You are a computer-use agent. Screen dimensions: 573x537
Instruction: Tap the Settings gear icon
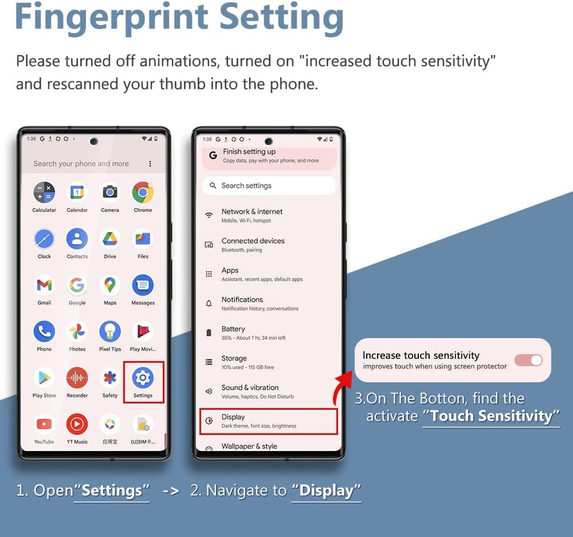[x=143, y=378]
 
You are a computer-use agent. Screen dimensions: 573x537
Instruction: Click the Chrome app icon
[x=143, y=193]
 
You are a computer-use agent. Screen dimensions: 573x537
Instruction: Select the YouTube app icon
[x=44, y=424]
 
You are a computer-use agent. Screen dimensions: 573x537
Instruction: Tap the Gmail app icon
[x=44, y=285]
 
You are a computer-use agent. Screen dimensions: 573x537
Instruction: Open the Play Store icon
[x=44, y=378]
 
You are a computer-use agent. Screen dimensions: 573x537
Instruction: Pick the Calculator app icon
[x=44, y=193]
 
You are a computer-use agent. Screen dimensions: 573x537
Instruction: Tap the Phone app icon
[x=44, y=332]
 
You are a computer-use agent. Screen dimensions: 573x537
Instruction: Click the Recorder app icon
[x=77, y=378]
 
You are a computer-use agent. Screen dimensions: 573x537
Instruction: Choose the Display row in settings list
[x=269, y=421]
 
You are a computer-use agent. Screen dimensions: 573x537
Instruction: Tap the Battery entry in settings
[x=269, y=332]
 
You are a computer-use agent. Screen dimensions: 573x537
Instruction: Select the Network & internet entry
[x=269, y=215]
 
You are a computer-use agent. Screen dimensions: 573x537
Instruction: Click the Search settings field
[x=269, y=186]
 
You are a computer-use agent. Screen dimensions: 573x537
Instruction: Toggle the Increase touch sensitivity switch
[x=528, y=360]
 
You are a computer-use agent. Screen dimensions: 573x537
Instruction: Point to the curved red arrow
[x=339, y=387]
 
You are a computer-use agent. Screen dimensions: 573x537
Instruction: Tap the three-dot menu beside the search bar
[x=150, y=164]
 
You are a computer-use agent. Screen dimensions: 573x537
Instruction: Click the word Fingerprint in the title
[x=112, y=18]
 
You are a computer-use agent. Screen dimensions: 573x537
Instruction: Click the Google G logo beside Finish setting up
[x=213, y=155]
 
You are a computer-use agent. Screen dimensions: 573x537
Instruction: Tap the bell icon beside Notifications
[x=209, y=303]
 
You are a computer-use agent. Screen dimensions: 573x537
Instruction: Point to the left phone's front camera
[x=94, y=141]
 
